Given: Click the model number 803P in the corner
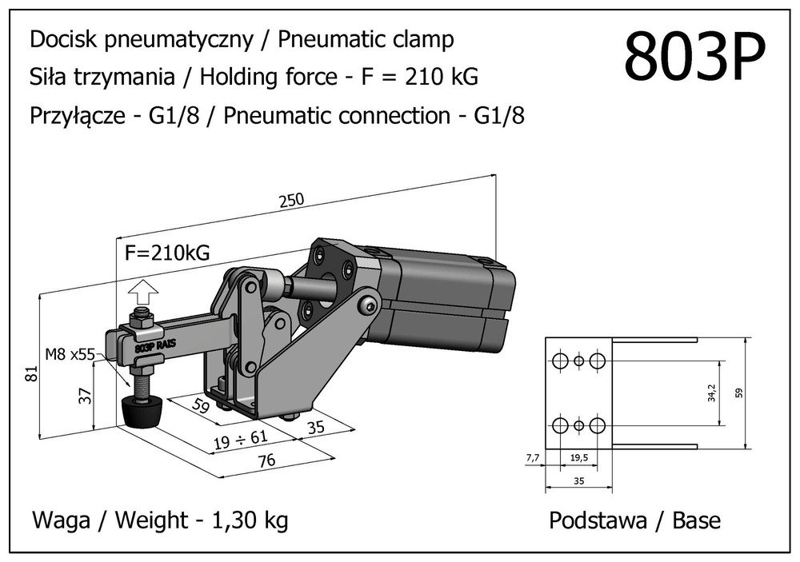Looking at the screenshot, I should click(x=694, y=57).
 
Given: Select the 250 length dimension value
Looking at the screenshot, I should click(x=292, y=201).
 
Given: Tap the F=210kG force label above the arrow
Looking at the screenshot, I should click(x=168, y=253).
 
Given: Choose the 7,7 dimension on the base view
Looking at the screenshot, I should click(x=532, y=458).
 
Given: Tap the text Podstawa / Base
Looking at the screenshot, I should click(x=634, y=521).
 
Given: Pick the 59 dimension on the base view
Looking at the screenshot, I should click(x=762, y=393).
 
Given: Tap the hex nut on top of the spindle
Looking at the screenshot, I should click(x=141, y=319).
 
